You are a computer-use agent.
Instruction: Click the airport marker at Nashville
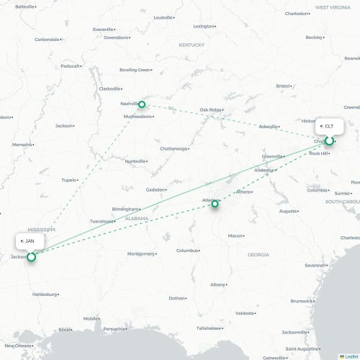(x=142, y=104)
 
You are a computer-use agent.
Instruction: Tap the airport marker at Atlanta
(x=215, y=204)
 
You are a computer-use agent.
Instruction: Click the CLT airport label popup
(x=329, y=126)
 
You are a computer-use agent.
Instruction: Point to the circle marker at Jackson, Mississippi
(x=31, y=256)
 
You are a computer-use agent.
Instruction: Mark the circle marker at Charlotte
(x=329, y=141)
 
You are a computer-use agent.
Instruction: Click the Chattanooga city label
(x=174, y=148)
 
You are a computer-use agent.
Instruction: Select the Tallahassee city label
(x=207, y=328)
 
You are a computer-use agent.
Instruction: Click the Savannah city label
(x=315, y=265)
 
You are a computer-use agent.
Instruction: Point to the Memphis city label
(x=22, y=144)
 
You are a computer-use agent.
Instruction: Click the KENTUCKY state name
(x=192, y=45)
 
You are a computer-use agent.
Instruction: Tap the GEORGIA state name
(x=258, y=254)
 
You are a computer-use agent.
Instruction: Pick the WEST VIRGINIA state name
(x=332, y=6)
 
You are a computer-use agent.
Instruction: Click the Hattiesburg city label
(x=44, y=294)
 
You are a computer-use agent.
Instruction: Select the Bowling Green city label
(x=134, y=70)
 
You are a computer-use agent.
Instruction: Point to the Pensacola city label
(x=114, y=328)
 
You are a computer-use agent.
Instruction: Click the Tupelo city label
(x=68, y=179)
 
